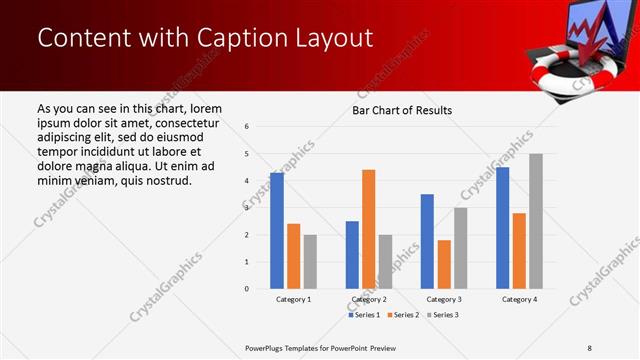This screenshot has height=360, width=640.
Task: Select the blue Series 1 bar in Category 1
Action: click(277, 231)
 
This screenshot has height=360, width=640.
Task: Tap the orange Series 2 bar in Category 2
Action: click(368, 229)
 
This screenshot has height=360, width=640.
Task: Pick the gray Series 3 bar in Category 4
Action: click(536, 221)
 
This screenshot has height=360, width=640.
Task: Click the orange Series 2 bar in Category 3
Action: click(444, 264)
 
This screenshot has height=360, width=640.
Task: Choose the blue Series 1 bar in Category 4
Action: click(502, 228)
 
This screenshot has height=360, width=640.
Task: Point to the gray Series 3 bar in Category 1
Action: click(310, 261)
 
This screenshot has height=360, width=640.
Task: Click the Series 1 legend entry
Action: click(363, 315)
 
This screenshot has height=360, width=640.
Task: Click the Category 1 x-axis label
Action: click(293, 299)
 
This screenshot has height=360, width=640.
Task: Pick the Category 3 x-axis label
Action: click(444, 299)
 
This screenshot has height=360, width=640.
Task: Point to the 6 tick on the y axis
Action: click(247, 127)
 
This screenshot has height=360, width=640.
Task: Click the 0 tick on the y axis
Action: click(247, 289)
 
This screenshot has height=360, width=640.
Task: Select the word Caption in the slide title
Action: click(237, 38)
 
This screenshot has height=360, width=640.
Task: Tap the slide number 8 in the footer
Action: click(589, 347)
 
